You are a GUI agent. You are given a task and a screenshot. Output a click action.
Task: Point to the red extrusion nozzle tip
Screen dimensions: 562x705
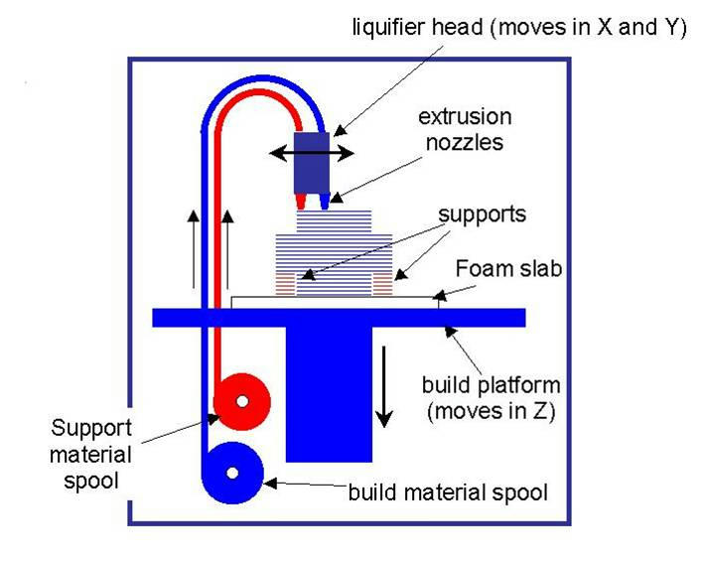pos(306,204)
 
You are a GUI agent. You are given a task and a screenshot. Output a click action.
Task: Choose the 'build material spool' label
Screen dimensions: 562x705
pos(448,492)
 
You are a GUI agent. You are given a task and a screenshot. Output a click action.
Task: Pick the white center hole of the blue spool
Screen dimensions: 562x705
pos(231,474)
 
